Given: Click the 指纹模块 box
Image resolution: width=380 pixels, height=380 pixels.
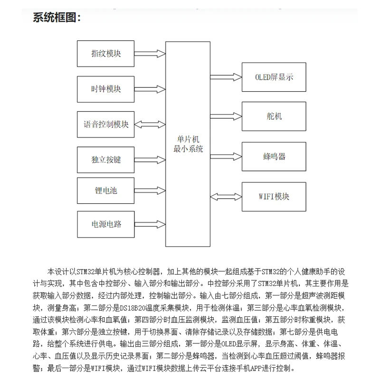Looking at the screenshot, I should [x=106, y=53].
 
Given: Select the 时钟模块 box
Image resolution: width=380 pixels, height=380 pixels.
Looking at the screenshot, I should [x=106, y=89].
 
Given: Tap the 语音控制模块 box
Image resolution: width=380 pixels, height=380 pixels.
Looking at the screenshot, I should [x=106, y=124].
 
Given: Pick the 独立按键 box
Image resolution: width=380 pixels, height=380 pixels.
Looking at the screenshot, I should [x=106, y=160].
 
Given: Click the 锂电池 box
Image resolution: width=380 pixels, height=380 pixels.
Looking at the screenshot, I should [x=106, y=191].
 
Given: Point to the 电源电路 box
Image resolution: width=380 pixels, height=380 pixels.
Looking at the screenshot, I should [x=106, y=223].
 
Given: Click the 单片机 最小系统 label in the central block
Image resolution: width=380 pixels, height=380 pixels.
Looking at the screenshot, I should [x=188, y=143].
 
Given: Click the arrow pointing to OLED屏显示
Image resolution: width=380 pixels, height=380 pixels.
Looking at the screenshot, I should [x=226, y=76].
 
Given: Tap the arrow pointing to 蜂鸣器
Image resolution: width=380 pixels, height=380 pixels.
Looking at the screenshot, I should [x=226, y=156].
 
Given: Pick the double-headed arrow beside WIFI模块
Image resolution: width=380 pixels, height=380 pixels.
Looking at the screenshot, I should [x=226, y=196].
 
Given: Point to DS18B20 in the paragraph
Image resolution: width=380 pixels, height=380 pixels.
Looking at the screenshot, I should [x=133, y=307].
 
